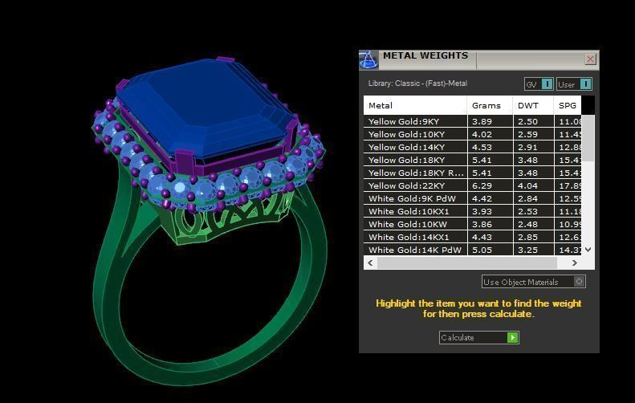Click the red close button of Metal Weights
591,59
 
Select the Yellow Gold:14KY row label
406,148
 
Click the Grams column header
486,105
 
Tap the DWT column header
528,105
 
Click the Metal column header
381,105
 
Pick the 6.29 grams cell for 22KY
482,186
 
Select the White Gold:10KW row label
408,225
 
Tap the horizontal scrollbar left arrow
371,263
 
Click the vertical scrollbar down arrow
588,250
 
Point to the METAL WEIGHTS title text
425,56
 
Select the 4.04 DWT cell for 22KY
527,186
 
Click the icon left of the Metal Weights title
368,59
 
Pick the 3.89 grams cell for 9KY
482,122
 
